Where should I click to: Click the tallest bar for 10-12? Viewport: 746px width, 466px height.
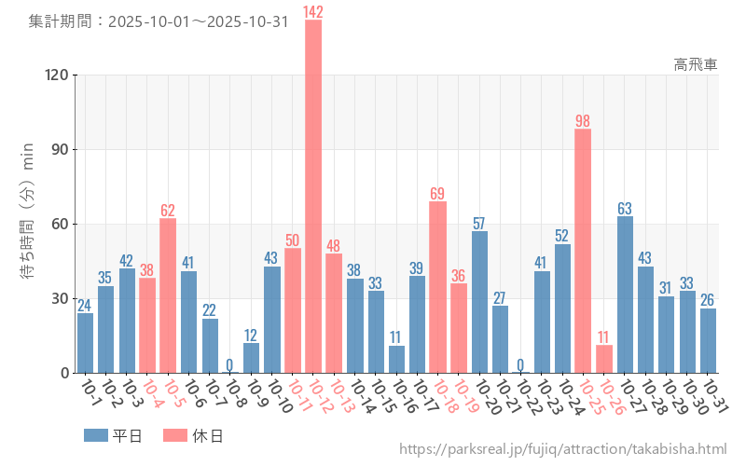tap(313, 196)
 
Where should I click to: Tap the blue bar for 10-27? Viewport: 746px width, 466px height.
tap(625, 294)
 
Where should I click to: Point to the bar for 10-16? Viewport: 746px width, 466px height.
tap(396, 359)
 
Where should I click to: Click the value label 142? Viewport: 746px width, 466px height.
tap(313, 11)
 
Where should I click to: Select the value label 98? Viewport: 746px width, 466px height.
tap(583, 120)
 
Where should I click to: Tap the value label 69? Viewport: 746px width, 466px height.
tap(437, 193)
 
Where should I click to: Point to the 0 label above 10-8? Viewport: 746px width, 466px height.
tap(230, 364)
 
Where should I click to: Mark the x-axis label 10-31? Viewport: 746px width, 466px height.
tap(714, 396)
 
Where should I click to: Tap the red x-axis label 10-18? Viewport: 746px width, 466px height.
tap(445, 396)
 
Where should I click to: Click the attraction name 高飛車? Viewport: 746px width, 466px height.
tap(696, 64)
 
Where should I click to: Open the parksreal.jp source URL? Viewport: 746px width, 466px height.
tap(562, 449)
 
